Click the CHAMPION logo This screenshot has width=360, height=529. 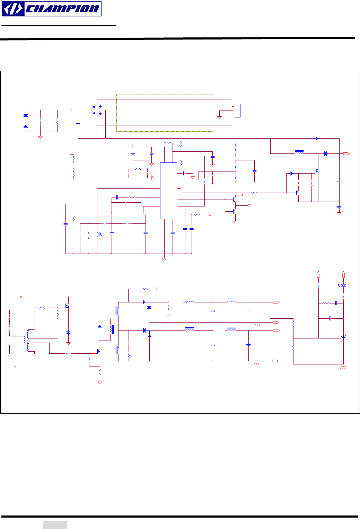point(52,9)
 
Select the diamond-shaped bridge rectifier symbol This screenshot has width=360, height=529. point(97,111)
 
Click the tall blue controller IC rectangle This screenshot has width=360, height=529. point(168,191)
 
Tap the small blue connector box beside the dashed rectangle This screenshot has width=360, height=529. point(237,111)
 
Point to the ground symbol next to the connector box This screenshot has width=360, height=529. point(219,117)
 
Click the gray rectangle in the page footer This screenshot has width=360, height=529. point(55,525)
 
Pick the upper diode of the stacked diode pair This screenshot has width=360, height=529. point(25,115)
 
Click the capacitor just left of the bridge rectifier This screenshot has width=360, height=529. point(78,124)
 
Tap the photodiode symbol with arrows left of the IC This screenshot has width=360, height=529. point(100,235)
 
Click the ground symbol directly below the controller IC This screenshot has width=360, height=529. point(164,258)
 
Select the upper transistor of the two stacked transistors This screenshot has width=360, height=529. point(235,200)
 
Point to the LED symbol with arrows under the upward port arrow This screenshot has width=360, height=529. point(343,285)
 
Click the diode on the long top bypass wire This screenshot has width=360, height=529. point(317,138)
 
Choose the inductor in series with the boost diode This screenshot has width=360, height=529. point(299,152)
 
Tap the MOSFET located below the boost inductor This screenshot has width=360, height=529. point(316,171)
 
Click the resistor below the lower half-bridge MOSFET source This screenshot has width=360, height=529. point(100,372)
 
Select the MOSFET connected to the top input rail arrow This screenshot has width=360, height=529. point(67,306)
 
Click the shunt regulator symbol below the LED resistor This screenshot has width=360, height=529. point(343,337)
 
